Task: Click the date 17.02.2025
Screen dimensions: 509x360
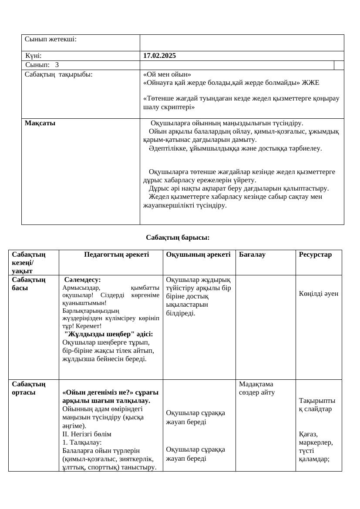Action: pyautogui.click(x=159, y=56)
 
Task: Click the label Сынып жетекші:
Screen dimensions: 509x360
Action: pyautogui.click(x=50, y=39)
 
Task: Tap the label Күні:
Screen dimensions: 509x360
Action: pyautogui.click(x=34, y=56)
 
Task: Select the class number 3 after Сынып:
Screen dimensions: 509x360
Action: pyautogui.click(x=57, y=65)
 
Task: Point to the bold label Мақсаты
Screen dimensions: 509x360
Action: pyautogui.click(x=40, y=123)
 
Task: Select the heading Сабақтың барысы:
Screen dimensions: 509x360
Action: pyautogui.click(x=178, y=238)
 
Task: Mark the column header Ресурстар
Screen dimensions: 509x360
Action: pyautogui.click(x=315, y=254)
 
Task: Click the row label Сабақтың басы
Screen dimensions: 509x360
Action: pyautogui.click(x=29, y=284)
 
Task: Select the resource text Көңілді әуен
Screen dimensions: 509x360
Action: pyautogui.click(x=318, y=294)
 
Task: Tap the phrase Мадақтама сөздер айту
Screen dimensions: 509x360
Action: pyautogui.click(x=257, y=388)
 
